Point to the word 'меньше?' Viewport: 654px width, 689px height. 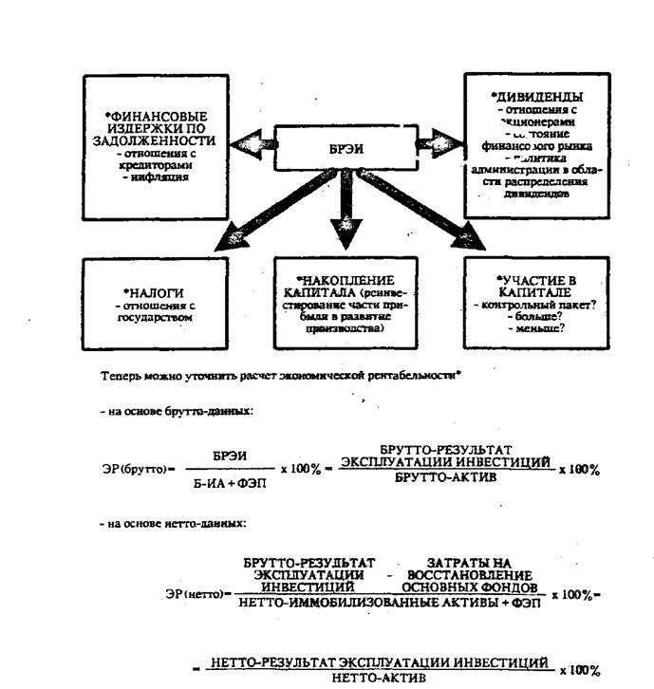click(536, 328)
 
